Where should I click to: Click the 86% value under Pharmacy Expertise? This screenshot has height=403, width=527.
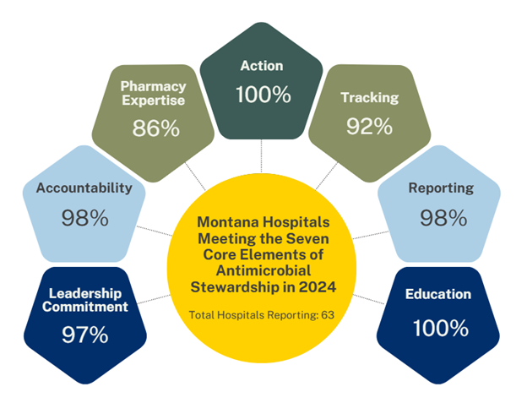coord(155,128)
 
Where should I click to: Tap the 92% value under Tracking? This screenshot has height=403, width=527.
coord(369,127)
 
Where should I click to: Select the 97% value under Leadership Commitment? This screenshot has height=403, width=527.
coord(84,334)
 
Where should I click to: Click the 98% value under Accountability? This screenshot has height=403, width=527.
coord(84,217)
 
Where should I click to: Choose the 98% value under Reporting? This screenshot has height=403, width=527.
coord(443,217)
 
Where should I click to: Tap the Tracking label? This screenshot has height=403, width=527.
coord(369,98)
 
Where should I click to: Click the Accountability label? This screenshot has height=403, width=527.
coord(84,188)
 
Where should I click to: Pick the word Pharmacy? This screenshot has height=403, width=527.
coord(154,86)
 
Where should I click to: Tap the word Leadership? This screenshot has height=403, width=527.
coord(84,292)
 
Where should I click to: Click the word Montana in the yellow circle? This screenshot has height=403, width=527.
coord(226,221)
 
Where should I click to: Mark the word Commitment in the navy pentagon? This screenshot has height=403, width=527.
coord(84,308)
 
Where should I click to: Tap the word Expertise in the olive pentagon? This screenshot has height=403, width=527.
coord(154,101)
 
